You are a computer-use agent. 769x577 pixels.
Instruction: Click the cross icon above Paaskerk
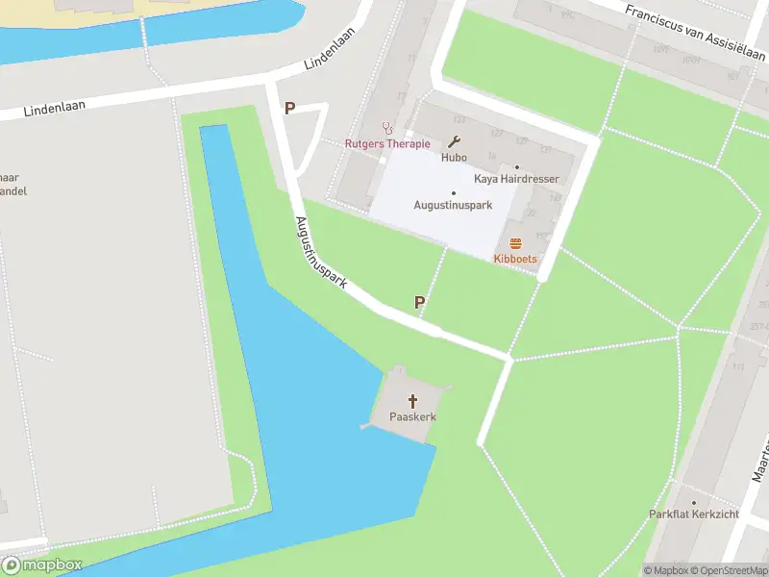coord(414,400)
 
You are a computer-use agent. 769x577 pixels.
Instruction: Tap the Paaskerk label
coord(413,417)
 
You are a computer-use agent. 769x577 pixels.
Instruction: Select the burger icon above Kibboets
coord(515,243)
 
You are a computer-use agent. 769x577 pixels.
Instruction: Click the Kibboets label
coord(515,260)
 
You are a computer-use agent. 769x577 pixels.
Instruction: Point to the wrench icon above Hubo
coord(454,139)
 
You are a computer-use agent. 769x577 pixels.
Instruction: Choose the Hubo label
coord(454,157)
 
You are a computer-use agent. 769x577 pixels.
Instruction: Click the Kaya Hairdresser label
coord(516,179)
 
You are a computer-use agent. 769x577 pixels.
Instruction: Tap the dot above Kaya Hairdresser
coord(516,166)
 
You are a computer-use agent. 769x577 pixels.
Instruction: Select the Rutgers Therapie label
coord(388,144)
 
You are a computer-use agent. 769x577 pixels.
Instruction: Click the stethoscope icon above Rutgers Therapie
coord(388,126)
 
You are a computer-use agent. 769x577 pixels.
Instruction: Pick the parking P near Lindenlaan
coord(289,109)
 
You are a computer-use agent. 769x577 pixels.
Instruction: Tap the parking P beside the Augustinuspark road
coord(419,303)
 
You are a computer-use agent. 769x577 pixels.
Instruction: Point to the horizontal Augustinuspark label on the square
coord(453,205)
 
